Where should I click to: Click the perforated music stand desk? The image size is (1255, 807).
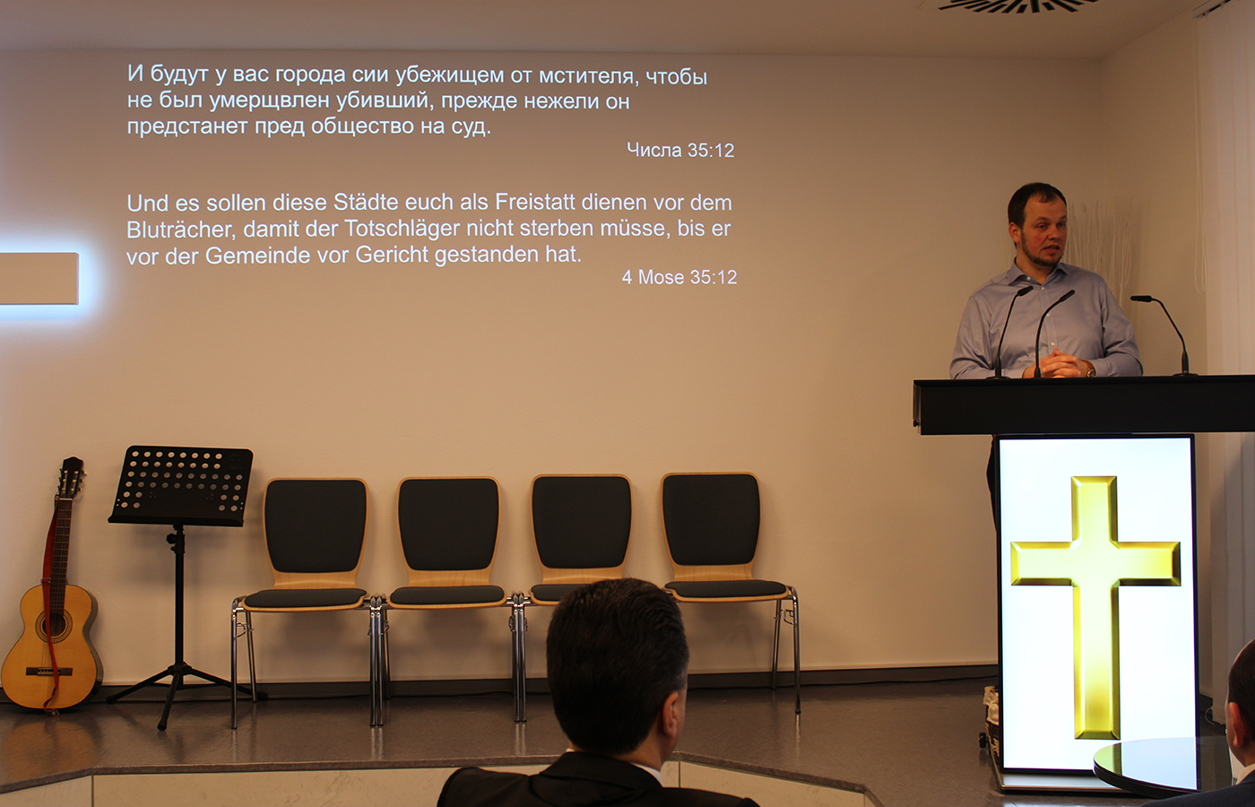point(181,485)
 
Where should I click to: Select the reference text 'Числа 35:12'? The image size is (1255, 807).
point(680,151)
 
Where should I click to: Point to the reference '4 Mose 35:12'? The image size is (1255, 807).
point(679,277)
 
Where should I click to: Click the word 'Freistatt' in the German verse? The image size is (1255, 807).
point(535,203)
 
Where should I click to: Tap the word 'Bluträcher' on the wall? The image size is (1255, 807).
point(181,230)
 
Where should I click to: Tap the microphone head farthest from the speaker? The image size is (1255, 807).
point(1140,299)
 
